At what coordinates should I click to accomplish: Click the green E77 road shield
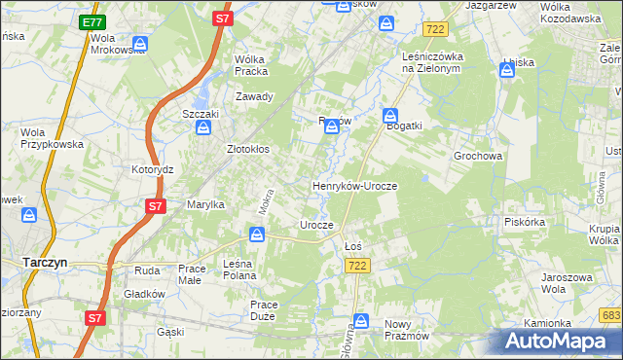click(92, 22)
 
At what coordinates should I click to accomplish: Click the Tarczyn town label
click(44, 262)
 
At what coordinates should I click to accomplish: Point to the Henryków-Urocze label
click(354, 185)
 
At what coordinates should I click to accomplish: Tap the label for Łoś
click(353, 246)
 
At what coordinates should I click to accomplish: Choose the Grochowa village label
click(477, 156)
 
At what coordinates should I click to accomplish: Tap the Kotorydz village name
click(152, 169)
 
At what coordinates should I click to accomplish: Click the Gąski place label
click(170, 332)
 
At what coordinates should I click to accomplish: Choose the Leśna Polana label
click(239, 270)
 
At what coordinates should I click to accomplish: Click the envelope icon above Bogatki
click(390, 114)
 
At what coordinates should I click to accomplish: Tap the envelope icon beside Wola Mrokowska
click(139, 44)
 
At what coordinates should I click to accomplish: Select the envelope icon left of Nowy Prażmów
click(361, 321)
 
